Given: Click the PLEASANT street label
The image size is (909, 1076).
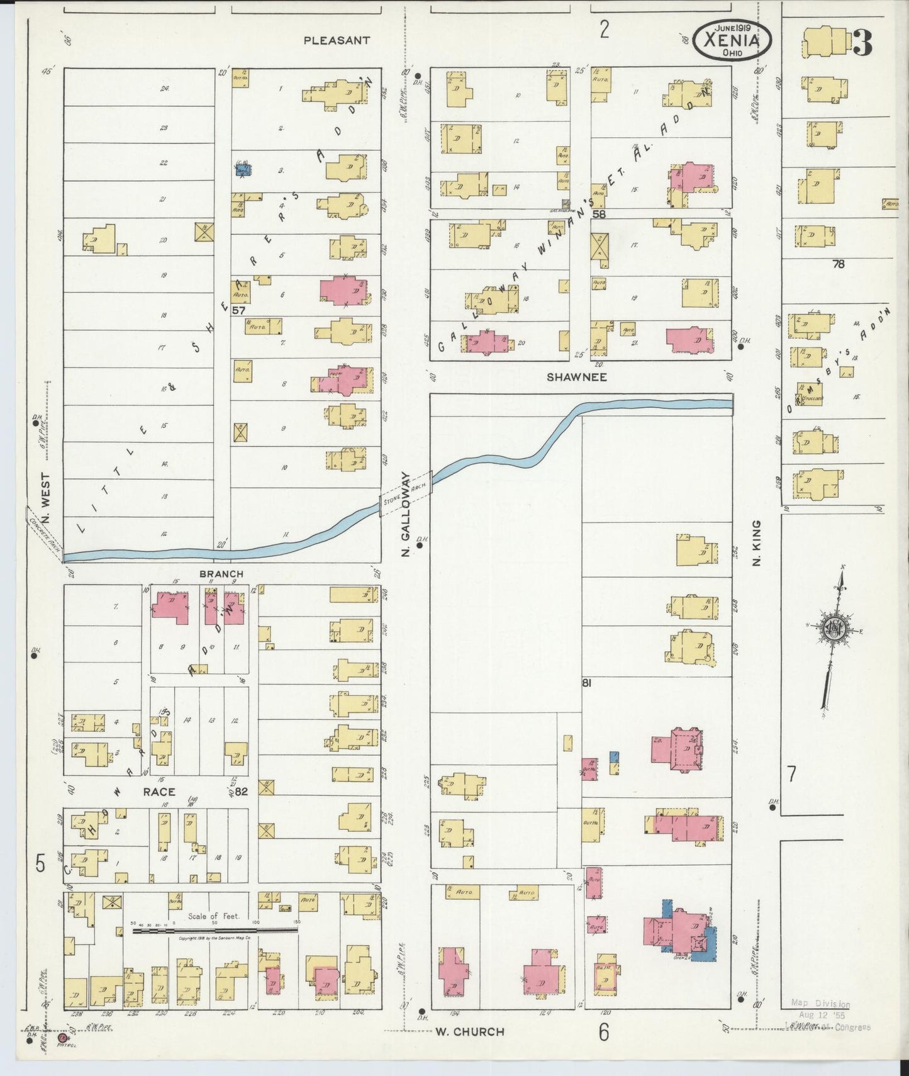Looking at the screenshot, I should point(336,40).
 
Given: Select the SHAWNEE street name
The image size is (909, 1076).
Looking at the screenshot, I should point(576,377).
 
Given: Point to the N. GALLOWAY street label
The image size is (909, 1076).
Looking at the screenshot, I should point(406,515).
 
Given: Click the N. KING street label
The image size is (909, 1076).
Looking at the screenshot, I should point(756,542).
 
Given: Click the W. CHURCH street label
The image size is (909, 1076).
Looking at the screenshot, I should point(469,1031).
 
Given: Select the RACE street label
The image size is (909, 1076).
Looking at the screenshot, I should point(159,792).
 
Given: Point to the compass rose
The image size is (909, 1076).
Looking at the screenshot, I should point(835,629).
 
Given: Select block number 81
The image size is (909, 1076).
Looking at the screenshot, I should point(587,682).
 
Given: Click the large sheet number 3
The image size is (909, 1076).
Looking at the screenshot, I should point(861,43).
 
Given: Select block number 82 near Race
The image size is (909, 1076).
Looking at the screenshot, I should point(242,792).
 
